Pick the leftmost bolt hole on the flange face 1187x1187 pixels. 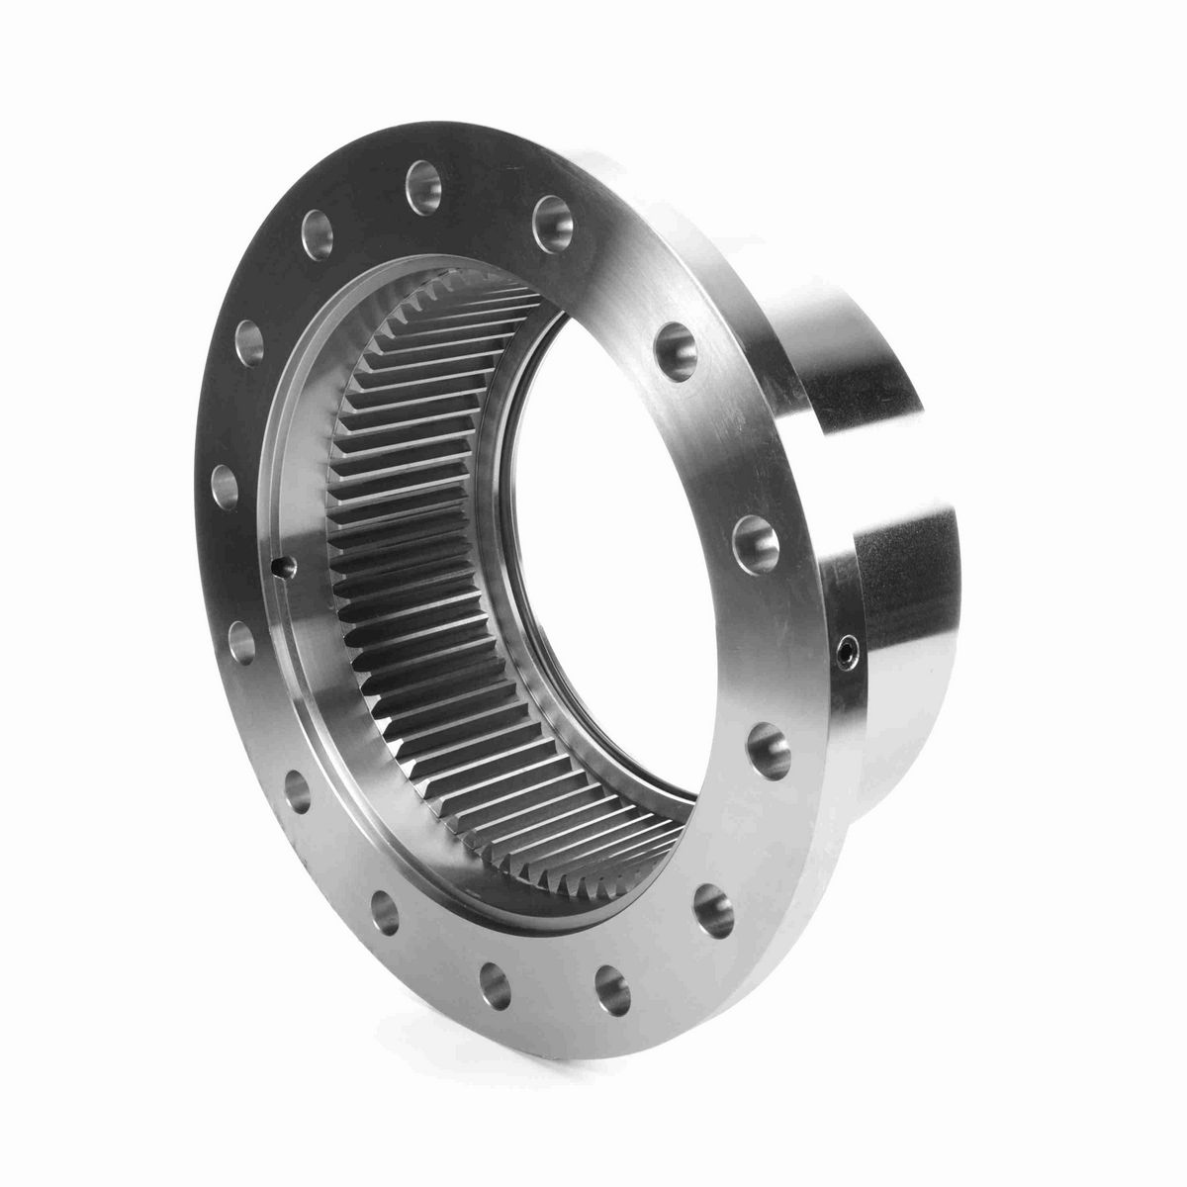(x=226, y=486)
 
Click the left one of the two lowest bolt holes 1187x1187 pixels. (x=494, y=985)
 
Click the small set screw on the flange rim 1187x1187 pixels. (x=844, y=650)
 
